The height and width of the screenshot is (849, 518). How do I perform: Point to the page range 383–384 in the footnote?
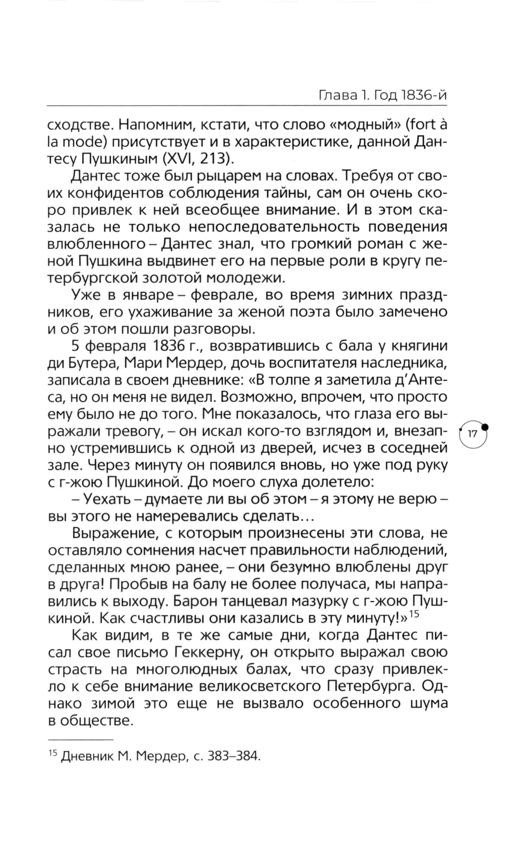(232, 756)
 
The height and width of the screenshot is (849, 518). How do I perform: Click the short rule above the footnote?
(80, 739)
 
